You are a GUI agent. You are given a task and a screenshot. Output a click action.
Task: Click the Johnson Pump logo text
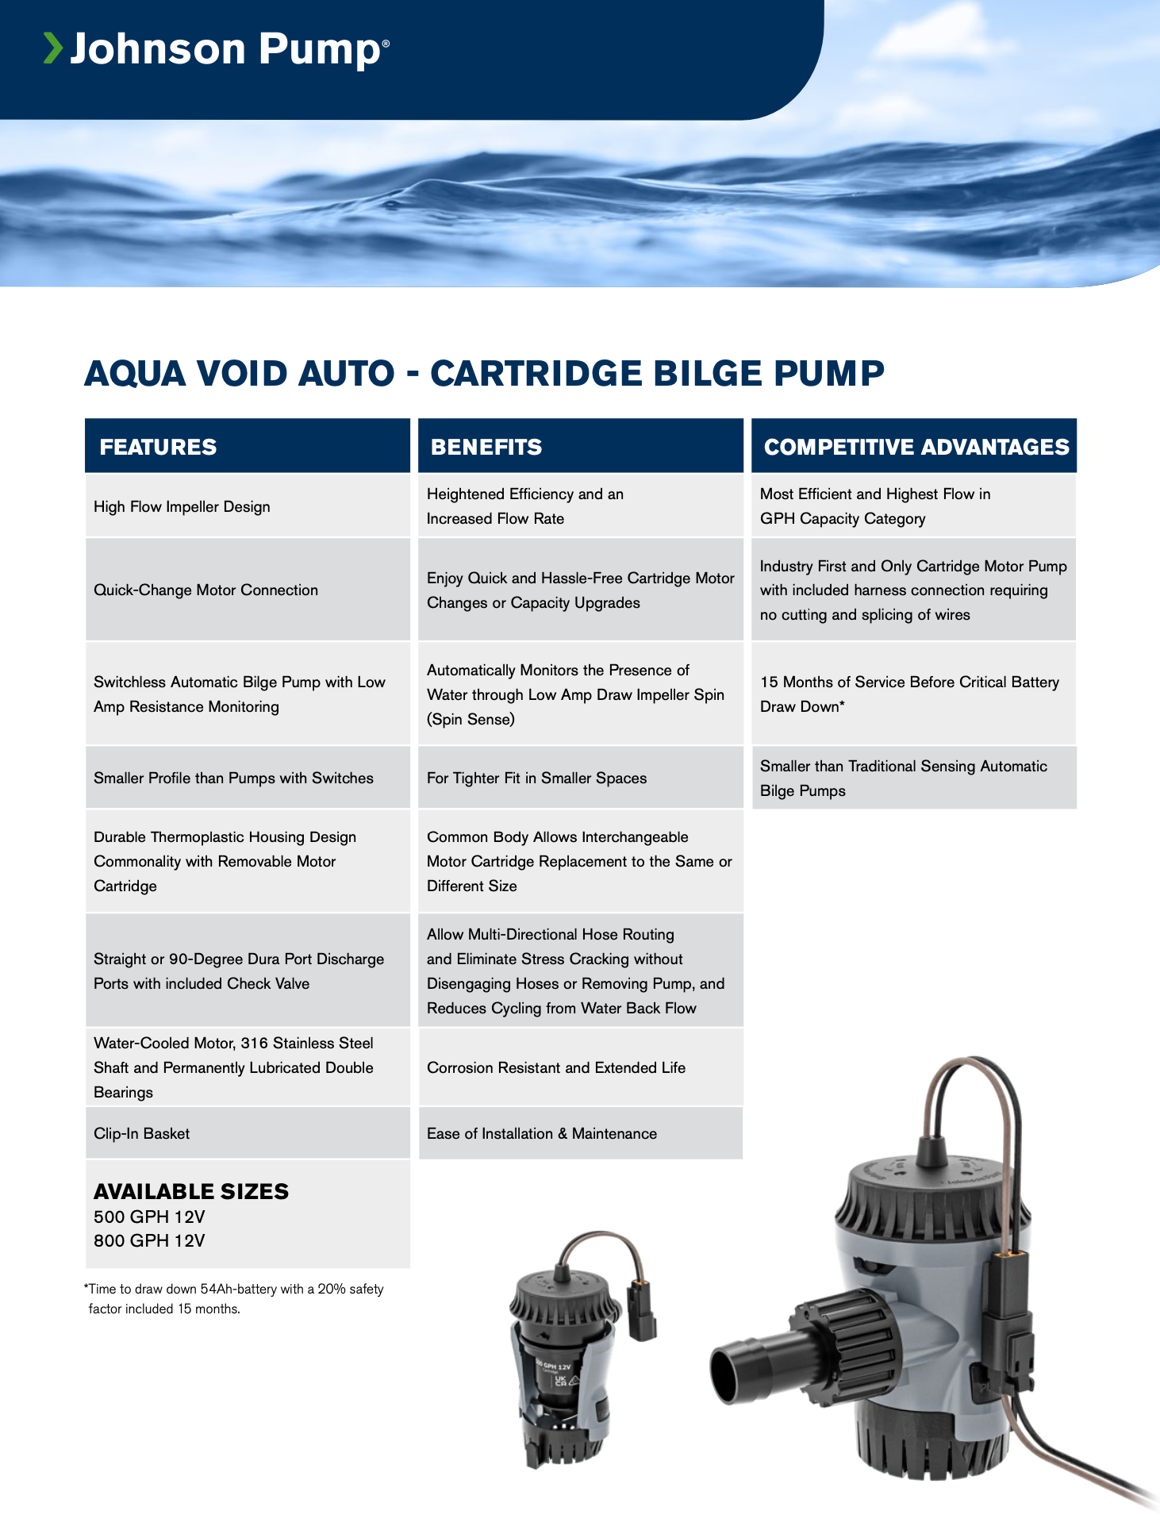(226, 49)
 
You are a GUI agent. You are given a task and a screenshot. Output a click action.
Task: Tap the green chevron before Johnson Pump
(52, 48)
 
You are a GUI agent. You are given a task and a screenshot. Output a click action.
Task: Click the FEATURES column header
(158, 447)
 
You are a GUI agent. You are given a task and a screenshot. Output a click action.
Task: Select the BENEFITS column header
(486, 447)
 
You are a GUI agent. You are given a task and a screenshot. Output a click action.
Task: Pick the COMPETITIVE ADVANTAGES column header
(916, 447)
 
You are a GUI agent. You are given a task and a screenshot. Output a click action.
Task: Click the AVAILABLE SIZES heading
(191, 1191)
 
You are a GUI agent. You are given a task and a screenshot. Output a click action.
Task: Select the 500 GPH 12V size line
(149, 1217)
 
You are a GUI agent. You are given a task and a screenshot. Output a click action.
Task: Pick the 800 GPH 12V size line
(149, 1240)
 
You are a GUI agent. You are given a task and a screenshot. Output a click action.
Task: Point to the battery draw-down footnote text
(236, 1298)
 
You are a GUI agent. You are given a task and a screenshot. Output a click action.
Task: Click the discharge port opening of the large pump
(728, 1373)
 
